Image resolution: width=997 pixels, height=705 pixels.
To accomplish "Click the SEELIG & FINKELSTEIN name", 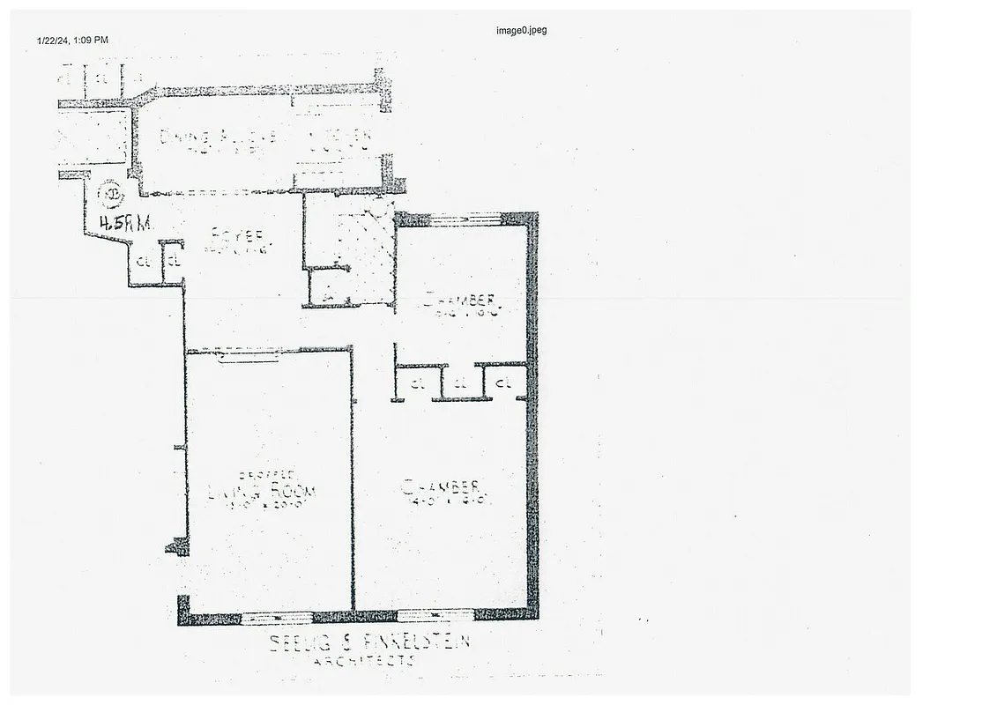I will (369, 642).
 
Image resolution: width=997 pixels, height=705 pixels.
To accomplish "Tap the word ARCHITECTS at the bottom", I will (364, 659).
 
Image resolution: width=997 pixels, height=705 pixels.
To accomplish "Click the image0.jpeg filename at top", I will (521, 30).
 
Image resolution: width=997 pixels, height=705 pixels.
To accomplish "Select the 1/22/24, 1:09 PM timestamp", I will (72, 40).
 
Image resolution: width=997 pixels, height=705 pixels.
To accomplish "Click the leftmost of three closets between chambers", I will (416, 383).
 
